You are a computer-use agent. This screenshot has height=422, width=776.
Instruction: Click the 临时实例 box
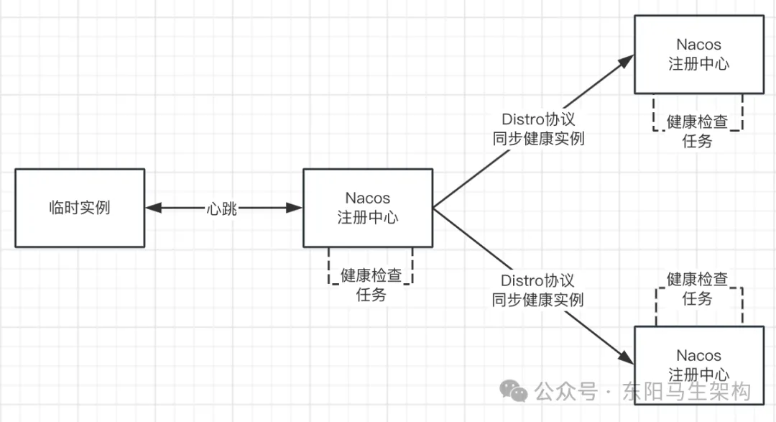pyautogui.click(x=80, y=208)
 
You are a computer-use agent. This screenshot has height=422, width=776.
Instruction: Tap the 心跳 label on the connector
pyautogui.click(x=221, y=209)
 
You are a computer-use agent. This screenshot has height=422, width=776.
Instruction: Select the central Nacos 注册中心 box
pyautogui.click(x=367, y=208)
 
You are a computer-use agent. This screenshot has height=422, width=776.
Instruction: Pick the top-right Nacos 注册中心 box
pyautogui.click(x=698, y=54)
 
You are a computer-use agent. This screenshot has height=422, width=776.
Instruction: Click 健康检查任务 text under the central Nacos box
pyautogui.click(x=371, y=285)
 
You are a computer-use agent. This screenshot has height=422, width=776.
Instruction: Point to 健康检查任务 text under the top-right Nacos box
pyautogui.click(x=698, y=131)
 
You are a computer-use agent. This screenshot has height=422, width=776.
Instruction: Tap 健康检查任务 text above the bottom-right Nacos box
pyautogui.click(x=698, y=288)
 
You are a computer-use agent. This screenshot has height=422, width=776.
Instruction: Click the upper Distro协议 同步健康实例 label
pyautogui.click(x=538, y=129)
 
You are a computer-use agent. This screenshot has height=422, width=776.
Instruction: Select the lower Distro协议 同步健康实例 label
pyautogui.click(x=538, y=290)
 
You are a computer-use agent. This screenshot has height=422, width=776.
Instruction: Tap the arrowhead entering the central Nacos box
pyautogui.click(x=295, y=208)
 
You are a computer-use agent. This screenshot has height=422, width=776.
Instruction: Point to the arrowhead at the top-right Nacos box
pyautogui.click(x=626, y=60)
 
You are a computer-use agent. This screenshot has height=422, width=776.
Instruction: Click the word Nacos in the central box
pyautogui.click(x=367, y=198)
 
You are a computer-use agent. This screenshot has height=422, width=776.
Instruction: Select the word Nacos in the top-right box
pyautogui.click(x=698, y=45)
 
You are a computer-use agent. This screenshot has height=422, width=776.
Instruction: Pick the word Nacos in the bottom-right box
pyautogui.click(x=698, y=356)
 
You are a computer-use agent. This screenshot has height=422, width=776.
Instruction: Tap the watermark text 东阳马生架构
pyautogui.click(x=688, y=392)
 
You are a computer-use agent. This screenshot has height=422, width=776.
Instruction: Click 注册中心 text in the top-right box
pyautogui.click(x=698, y=64)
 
